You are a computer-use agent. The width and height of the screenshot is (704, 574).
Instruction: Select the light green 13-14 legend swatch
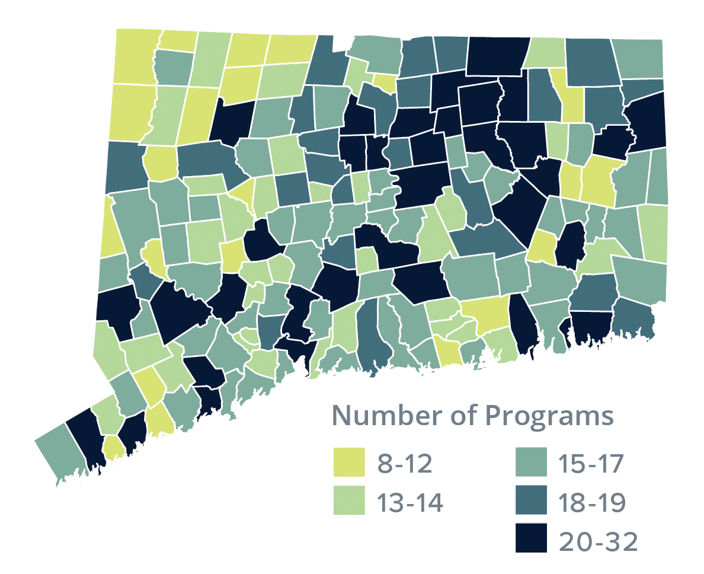click(349, 503)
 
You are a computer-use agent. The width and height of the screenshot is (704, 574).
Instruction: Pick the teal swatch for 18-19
click(530, 503)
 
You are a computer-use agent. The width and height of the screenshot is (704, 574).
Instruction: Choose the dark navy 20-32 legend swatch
click(530, 541)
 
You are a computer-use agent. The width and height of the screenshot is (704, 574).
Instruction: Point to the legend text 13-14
click(410, 503)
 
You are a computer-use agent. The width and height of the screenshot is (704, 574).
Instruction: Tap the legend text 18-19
click(592, 503)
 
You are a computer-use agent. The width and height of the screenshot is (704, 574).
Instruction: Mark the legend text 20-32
click(597, 541)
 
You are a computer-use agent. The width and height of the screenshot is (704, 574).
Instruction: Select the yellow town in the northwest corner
click(134, 56)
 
